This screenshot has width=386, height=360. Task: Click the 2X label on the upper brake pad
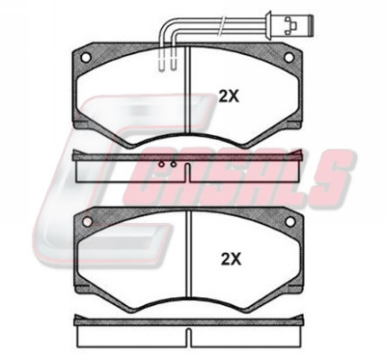pyautogui.click(x=229, y=96)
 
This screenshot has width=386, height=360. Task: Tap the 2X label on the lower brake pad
pyautogui.click(x=230, y=259)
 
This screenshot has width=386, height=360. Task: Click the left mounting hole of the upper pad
pyautogui.click(x=85, y=58)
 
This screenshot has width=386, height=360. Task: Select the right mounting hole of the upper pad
pyautogui.click(x=289, y=58)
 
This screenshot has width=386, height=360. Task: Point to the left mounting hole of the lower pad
pyautogui.click(x=87, y=221)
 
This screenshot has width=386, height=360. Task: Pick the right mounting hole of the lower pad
pyautogui.click(x=290, y=221)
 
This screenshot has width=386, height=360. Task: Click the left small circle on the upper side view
pyautogui.click(x=162, y=165)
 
